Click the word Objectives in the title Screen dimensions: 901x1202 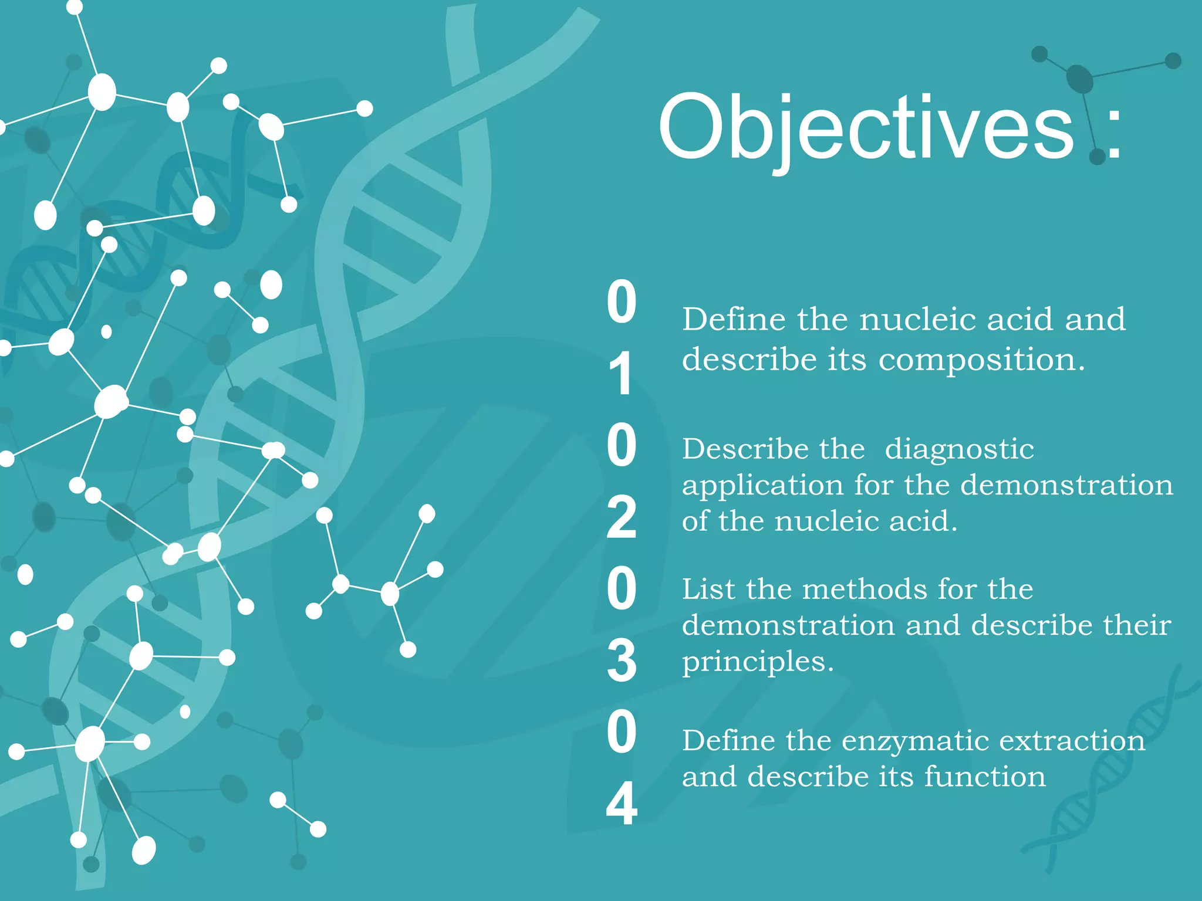point(866,128)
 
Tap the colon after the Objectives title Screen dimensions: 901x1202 point(1113,128)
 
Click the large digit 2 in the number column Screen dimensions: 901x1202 point(621,517)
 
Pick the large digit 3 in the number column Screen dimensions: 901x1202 point(621,660)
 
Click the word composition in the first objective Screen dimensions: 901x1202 point(981,360)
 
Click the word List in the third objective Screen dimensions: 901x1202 point(707,589)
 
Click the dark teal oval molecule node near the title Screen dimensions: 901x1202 point(1080,79)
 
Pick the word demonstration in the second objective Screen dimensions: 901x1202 point(1066,485)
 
